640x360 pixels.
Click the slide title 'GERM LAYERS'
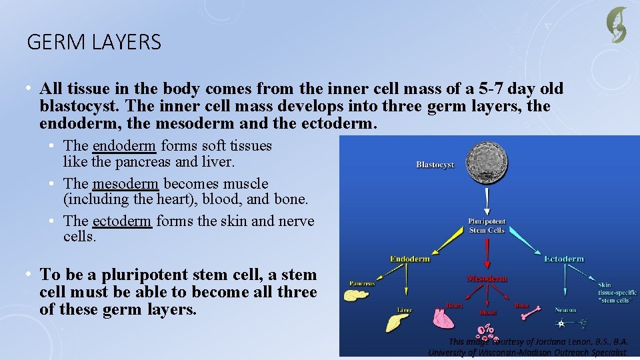pyautogui.click(x=94, y=43)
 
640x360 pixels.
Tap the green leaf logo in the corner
pyautogui.click(x=617, y=25)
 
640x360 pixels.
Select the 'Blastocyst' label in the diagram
pyautogui.click(x=435, y=165)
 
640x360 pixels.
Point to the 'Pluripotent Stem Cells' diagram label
pyautogui.click(x=487, y=225)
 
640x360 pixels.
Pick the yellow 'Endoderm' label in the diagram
pyautogui.click(x=409, y=259)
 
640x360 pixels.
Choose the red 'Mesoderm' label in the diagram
pyautogui.click(x=487, y=278)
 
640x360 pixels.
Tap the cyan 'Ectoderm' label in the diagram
pyautogui.click(x=564, y=259)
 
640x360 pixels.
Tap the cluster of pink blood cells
pyautogui.click(x=487, y=331)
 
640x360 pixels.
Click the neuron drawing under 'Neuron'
pyautogui.click(x=570, y=323)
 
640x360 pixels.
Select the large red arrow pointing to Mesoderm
pyautogui.click(x=487, y=253)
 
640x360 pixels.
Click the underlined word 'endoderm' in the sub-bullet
pyautogui.click(x=124, y=146)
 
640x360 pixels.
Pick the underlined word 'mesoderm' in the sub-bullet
pyautogui.click(x=125, y=184)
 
